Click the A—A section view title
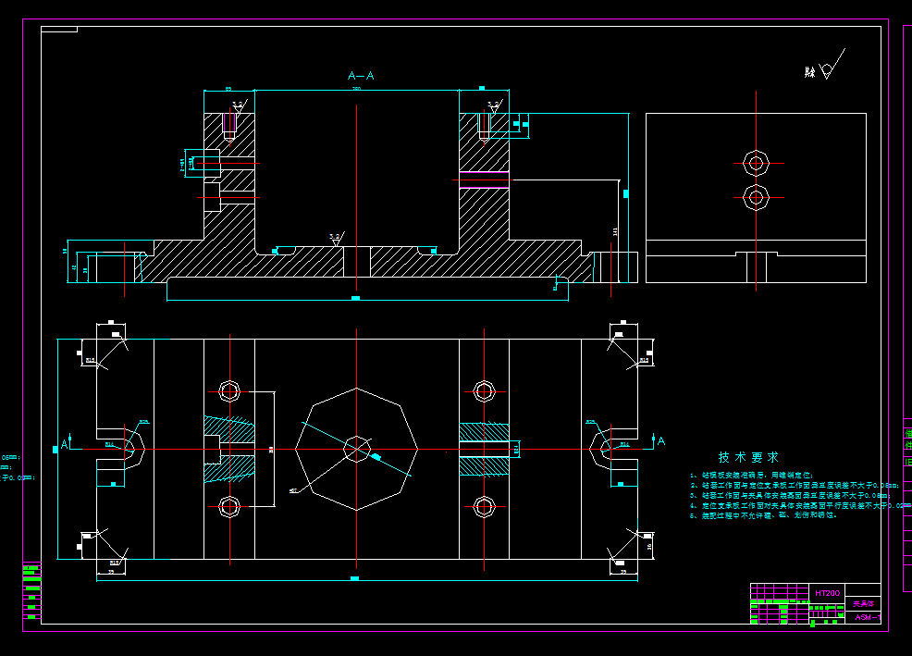coord(361,76)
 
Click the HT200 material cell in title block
coord(827,592)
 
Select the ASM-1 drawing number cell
coord(867,617)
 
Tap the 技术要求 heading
coord(748,457)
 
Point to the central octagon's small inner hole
coord(356,449)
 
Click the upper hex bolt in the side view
coord(756,164)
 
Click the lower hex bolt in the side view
coord(756,196)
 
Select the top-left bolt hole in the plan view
coord(228,390)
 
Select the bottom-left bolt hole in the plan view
coord(228,506)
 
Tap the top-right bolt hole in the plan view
coord(484,390)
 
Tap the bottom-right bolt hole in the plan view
coord(484,506)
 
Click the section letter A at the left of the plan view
coord(65,442)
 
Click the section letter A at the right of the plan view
coord(660,441)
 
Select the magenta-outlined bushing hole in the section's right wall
coord(484,179)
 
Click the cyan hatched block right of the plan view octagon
coord(484,449)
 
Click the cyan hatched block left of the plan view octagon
coord(229,449)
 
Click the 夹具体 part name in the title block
coord(861,603)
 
